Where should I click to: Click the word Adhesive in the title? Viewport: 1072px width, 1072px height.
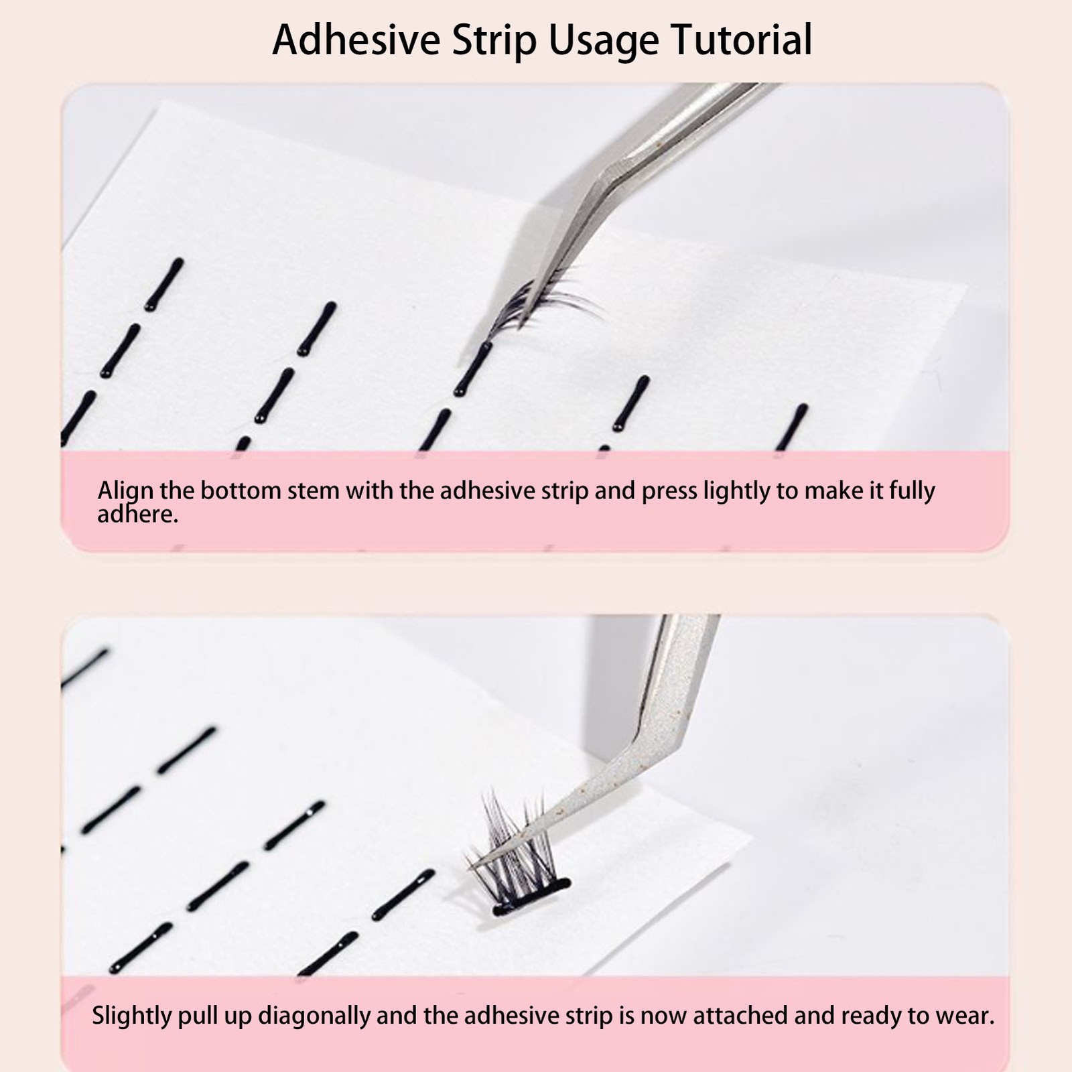click(x=356, y=40)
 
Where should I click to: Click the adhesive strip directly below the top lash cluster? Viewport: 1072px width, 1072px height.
click(x=473, y=368)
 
